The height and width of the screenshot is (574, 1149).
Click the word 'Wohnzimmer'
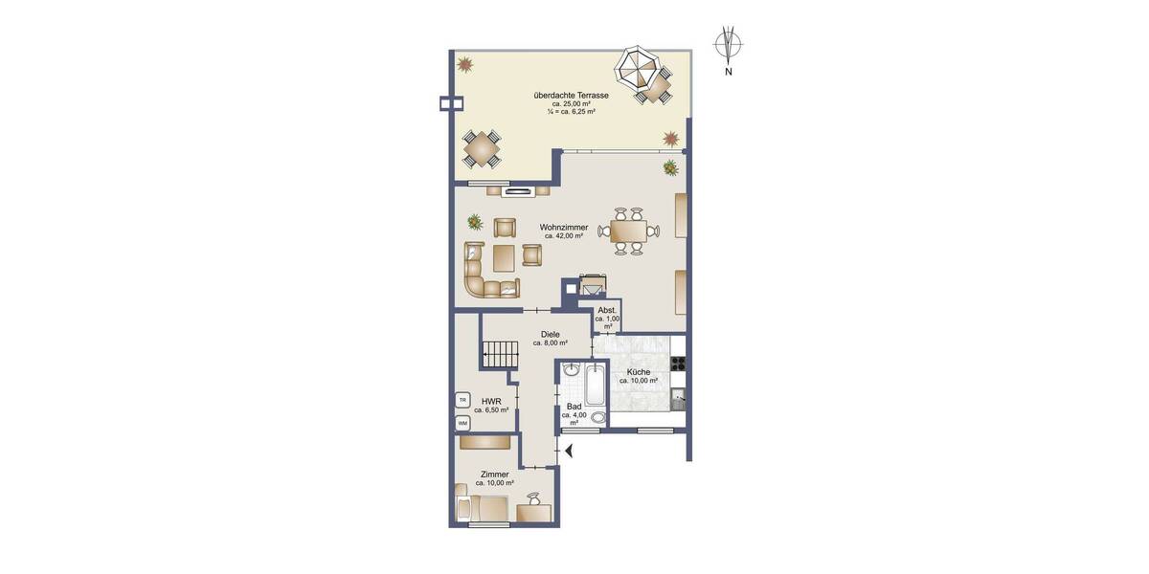click(564, 227)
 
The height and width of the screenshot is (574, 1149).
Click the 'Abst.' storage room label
click(607, 311)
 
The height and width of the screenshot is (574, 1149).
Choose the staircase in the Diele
click(499, 353)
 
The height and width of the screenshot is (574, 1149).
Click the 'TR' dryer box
click(462, 400)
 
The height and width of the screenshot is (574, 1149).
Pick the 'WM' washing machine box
click(462, 422)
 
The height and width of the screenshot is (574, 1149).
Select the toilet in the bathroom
click(599, 418)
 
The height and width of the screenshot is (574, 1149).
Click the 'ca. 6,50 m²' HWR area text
click(490, 409)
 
